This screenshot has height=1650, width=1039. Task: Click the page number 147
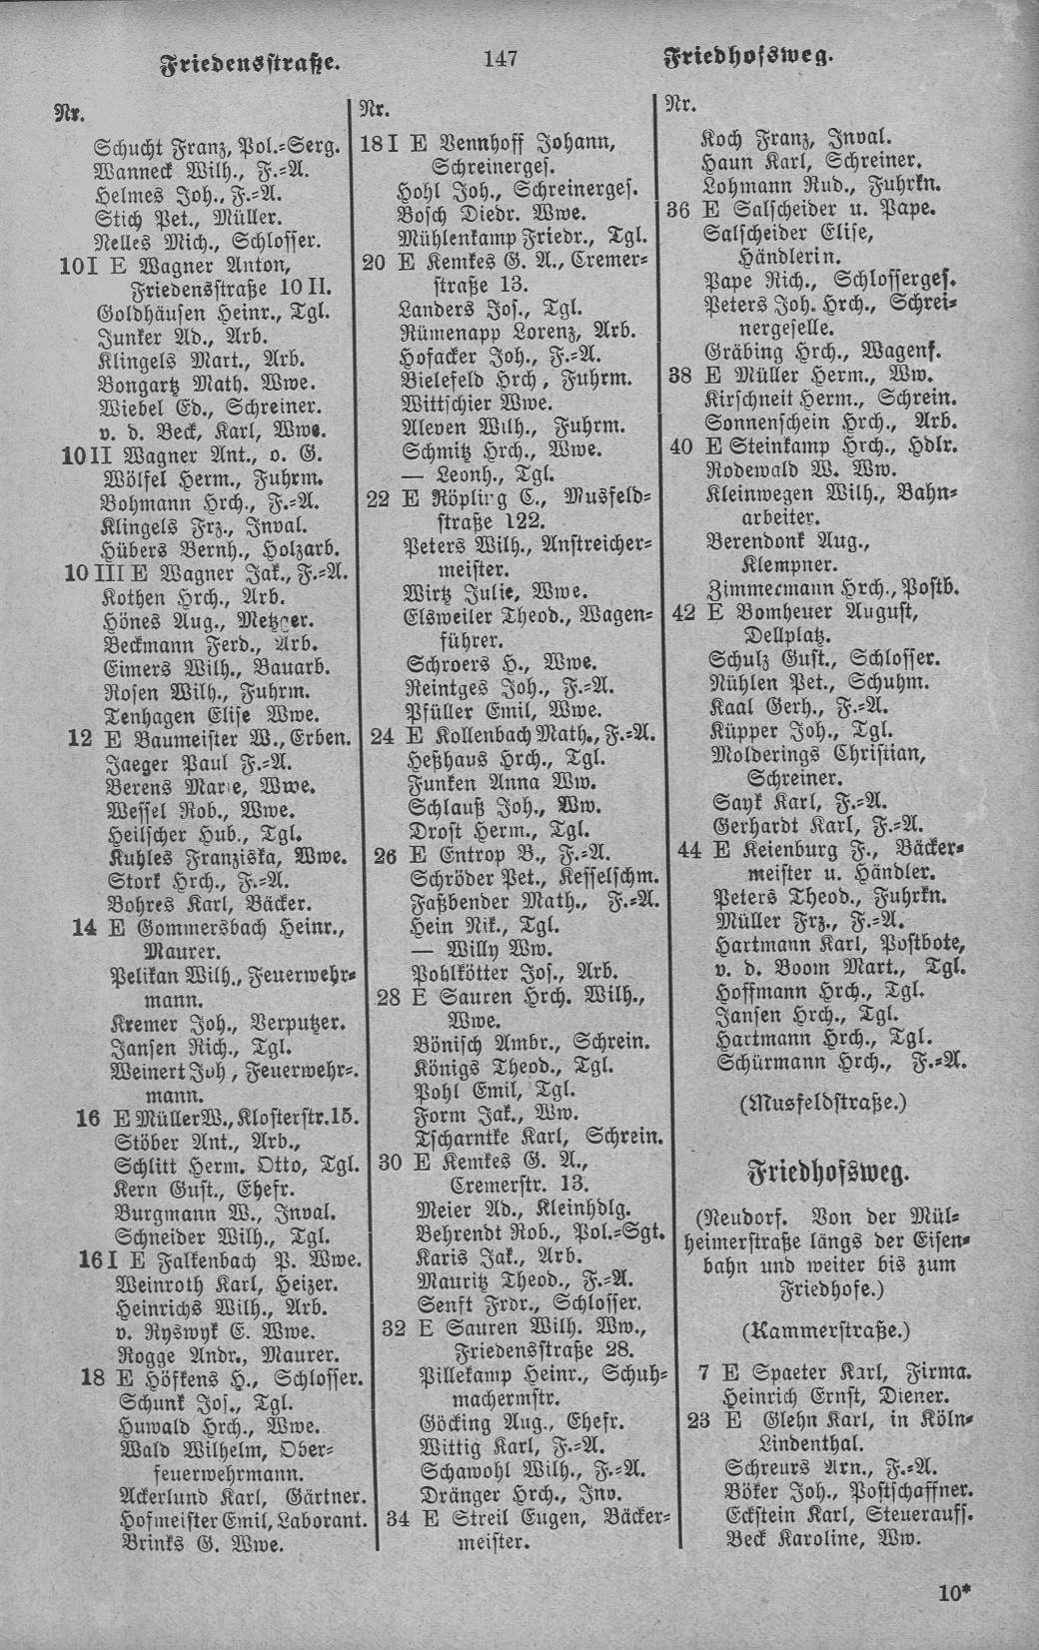pyautogui.click(x=500, y=58)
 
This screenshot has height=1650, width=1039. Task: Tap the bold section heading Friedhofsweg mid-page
pyautogui.click(x=828, y=1171)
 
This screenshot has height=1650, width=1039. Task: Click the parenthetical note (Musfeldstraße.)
pyautogui.click(x=822, y=1103)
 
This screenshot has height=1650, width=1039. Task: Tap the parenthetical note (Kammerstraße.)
pyautogui.click(x=826, y=1329)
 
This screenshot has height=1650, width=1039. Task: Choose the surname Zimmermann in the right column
pyautogui.click(x=764, y=587)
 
